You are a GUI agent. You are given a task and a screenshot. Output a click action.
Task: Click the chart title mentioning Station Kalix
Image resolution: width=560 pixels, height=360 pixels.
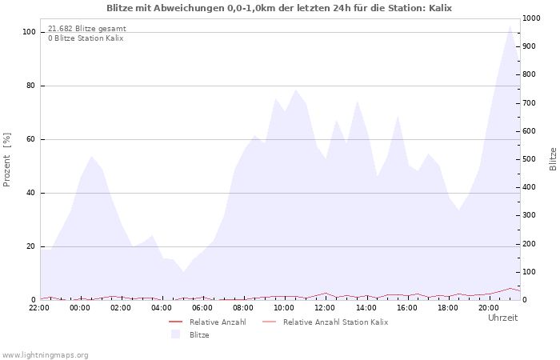click(x=279, y=7)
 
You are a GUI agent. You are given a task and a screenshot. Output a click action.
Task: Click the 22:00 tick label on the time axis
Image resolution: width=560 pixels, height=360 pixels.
click(x=39, y=307)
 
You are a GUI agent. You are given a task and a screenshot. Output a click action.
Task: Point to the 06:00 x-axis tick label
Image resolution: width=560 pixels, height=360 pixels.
click(x=202, y=307)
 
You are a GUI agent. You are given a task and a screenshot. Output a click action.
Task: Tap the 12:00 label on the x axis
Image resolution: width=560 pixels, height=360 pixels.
click(x=325, y=307)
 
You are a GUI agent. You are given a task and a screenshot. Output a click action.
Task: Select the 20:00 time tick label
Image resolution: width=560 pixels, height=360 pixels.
click(x=488, y=307)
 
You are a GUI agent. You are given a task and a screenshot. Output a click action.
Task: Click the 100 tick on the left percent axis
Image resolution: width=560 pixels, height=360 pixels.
click(x=29, y=32)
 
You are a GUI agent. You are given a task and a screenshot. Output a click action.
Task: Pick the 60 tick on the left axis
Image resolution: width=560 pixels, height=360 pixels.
click(x=30, y=139)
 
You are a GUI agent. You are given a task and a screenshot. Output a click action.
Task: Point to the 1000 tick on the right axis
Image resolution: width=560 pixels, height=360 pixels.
click(x=531, y=18)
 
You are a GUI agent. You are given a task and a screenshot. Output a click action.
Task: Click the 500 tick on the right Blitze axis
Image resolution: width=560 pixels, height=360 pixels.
click(x=530, y=159)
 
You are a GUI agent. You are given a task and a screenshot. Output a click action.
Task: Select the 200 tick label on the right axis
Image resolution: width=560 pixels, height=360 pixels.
click(x=530, y=243)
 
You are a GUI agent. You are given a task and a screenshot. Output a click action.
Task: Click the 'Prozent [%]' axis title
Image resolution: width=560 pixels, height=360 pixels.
click(x=7, y=160)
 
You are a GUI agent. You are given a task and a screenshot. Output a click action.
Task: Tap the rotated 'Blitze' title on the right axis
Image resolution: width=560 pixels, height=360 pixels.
click(x=553, y=158)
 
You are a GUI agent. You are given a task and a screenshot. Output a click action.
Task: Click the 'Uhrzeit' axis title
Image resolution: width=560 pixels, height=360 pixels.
click(x=502, y=318)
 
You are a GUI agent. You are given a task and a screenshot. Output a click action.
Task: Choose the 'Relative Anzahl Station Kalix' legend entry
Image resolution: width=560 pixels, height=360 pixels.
click(x=335, y=322)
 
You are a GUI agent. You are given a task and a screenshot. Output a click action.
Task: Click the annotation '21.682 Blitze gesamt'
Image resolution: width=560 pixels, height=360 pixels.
click(x=86, y=29)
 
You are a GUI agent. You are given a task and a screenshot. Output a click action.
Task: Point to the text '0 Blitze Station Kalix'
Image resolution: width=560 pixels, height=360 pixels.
click(x=86, y=38)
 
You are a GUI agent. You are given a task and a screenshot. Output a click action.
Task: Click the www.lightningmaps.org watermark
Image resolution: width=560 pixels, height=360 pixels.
click(x=45, y=354)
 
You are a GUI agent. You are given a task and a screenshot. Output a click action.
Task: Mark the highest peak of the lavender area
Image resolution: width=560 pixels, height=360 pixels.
click(x=510, y=25)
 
